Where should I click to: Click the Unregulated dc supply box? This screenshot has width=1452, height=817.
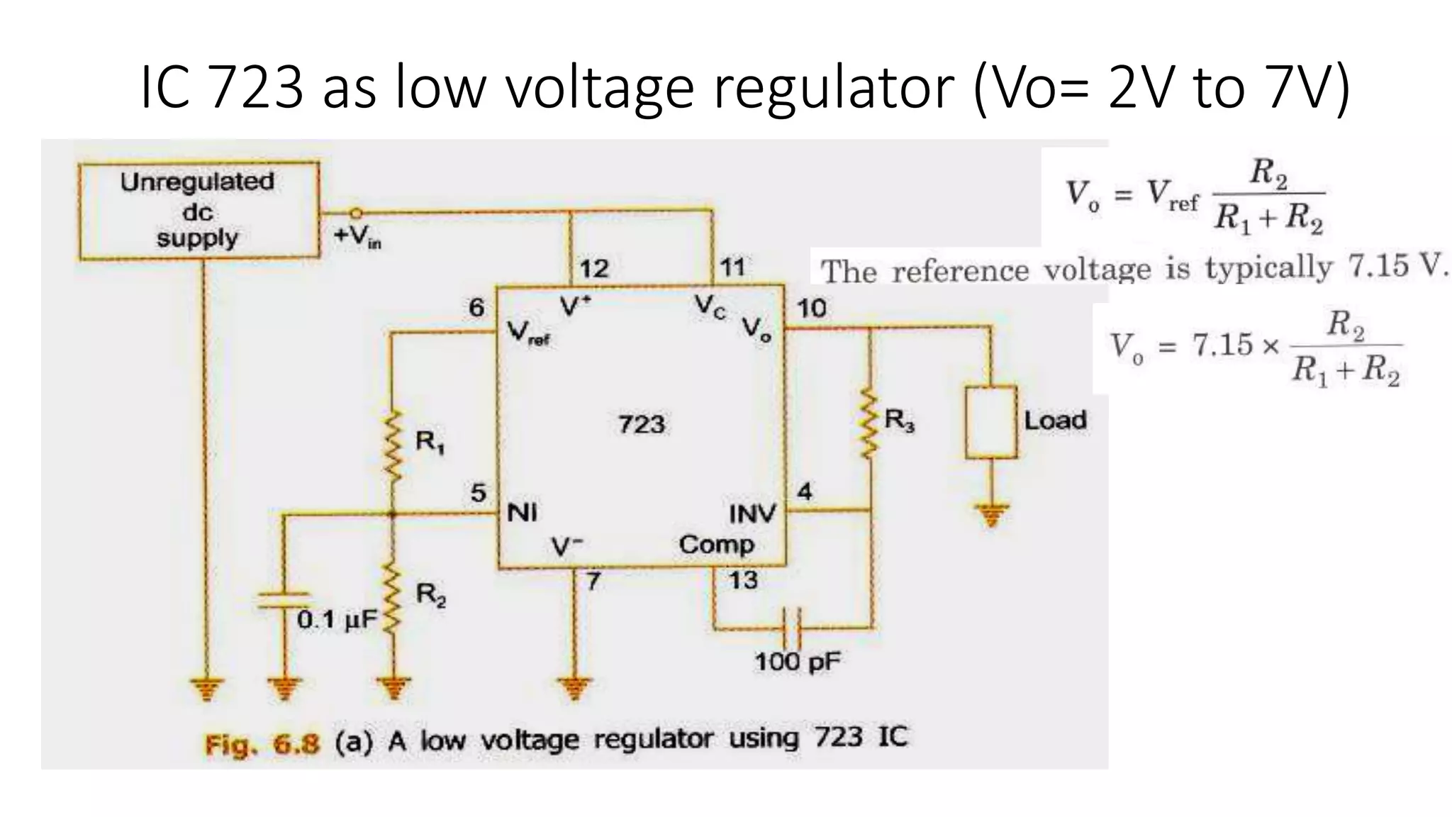coord(198,210)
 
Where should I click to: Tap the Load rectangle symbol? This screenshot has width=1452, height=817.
coord(991,422)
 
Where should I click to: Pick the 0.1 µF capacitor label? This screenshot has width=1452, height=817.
coord(337,620)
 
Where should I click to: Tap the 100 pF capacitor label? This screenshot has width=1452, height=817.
coord(797,662)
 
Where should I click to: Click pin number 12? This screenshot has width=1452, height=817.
coord(593,269)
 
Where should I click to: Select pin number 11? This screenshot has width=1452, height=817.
coord(733,267)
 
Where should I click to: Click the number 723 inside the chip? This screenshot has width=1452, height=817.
coord(642,424)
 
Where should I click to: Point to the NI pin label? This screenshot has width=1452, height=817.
coord(522,512)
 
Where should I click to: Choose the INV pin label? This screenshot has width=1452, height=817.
coord(752,513)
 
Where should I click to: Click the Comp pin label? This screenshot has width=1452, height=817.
coord(716,545)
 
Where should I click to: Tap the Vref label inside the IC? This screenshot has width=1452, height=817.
coord(528,333)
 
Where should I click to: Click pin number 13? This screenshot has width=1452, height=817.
coord(743,581)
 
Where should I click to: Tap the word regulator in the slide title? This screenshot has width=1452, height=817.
coord(834,88)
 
